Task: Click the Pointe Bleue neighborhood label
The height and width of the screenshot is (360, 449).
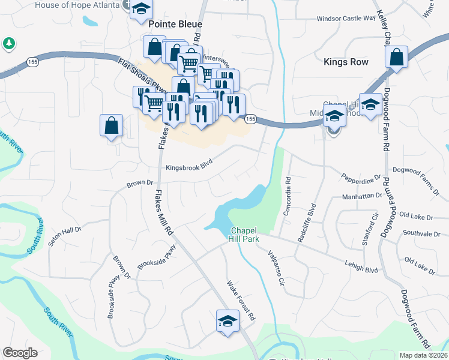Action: click(176, 25)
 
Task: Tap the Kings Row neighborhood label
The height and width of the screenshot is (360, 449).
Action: click(345, 62)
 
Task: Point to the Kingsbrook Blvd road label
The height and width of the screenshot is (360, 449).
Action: click(190, 168)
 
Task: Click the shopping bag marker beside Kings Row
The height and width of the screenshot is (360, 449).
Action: click(396, 58)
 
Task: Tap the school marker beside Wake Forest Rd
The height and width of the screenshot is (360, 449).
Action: click(228, 321)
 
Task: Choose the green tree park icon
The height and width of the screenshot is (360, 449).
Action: click(8, 43)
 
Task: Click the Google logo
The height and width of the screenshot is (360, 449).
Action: click(20, 353)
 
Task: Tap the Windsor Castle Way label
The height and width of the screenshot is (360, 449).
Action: click(346, 19)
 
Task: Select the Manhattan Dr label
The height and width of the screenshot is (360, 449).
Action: click(362, 196)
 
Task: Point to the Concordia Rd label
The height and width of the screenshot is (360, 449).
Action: click(288, 196)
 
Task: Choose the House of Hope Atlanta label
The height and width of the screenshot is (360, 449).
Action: click(77, 5)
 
